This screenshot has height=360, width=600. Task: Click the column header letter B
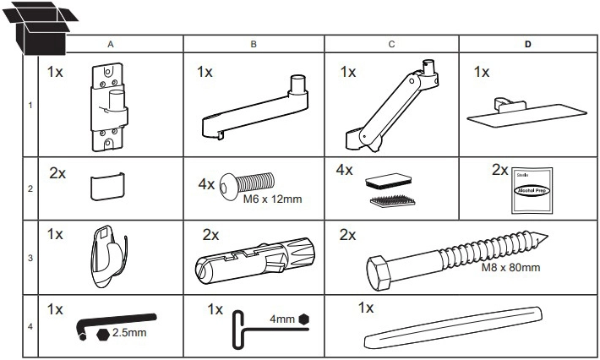coord(254,45)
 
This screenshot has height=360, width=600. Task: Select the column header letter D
coord(528,45)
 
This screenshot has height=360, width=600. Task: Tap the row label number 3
coord(30,258)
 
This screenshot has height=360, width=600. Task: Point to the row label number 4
coord(30,327)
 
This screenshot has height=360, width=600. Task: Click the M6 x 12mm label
coord(272,199)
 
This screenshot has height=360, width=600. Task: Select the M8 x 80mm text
coord(510,267)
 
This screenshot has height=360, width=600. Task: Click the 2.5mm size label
coord(129,332)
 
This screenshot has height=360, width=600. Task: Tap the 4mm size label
coord(282,319)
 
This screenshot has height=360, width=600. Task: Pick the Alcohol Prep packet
coord(532,190)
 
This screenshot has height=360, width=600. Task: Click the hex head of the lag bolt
coord(379,272)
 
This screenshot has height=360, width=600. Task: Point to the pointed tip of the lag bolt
coord(548,236)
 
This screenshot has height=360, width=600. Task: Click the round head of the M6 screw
coord(226,186)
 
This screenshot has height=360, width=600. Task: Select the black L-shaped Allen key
coord(115,324)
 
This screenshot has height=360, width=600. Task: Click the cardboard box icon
coord(41,29)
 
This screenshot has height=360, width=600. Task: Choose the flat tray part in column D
coord(526,113)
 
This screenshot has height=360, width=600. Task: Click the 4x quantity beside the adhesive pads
coord(345,170)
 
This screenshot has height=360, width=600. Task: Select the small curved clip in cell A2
coord(107,186)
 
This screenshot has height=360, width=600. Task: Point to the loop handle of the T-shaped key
coord(238,330)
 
